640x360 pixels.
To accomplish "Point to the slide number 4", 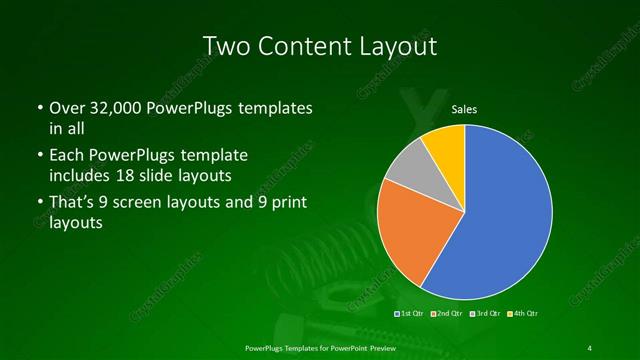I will coord(590,347).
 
